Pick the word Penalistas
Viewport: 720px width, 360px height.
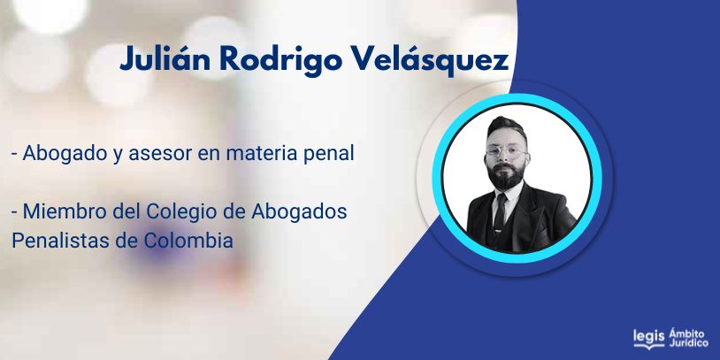point(61,241)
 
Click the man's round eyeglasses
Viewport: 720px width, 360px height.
point(506,152)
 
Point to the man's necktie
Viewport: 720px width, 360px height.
point(500,212)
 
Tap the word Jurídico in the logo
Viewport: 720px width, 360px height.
point(688,343)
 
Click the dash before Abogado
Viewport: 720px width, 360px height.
point(14,155)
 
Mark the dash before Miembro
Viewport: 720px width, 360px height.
point(14,213)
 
